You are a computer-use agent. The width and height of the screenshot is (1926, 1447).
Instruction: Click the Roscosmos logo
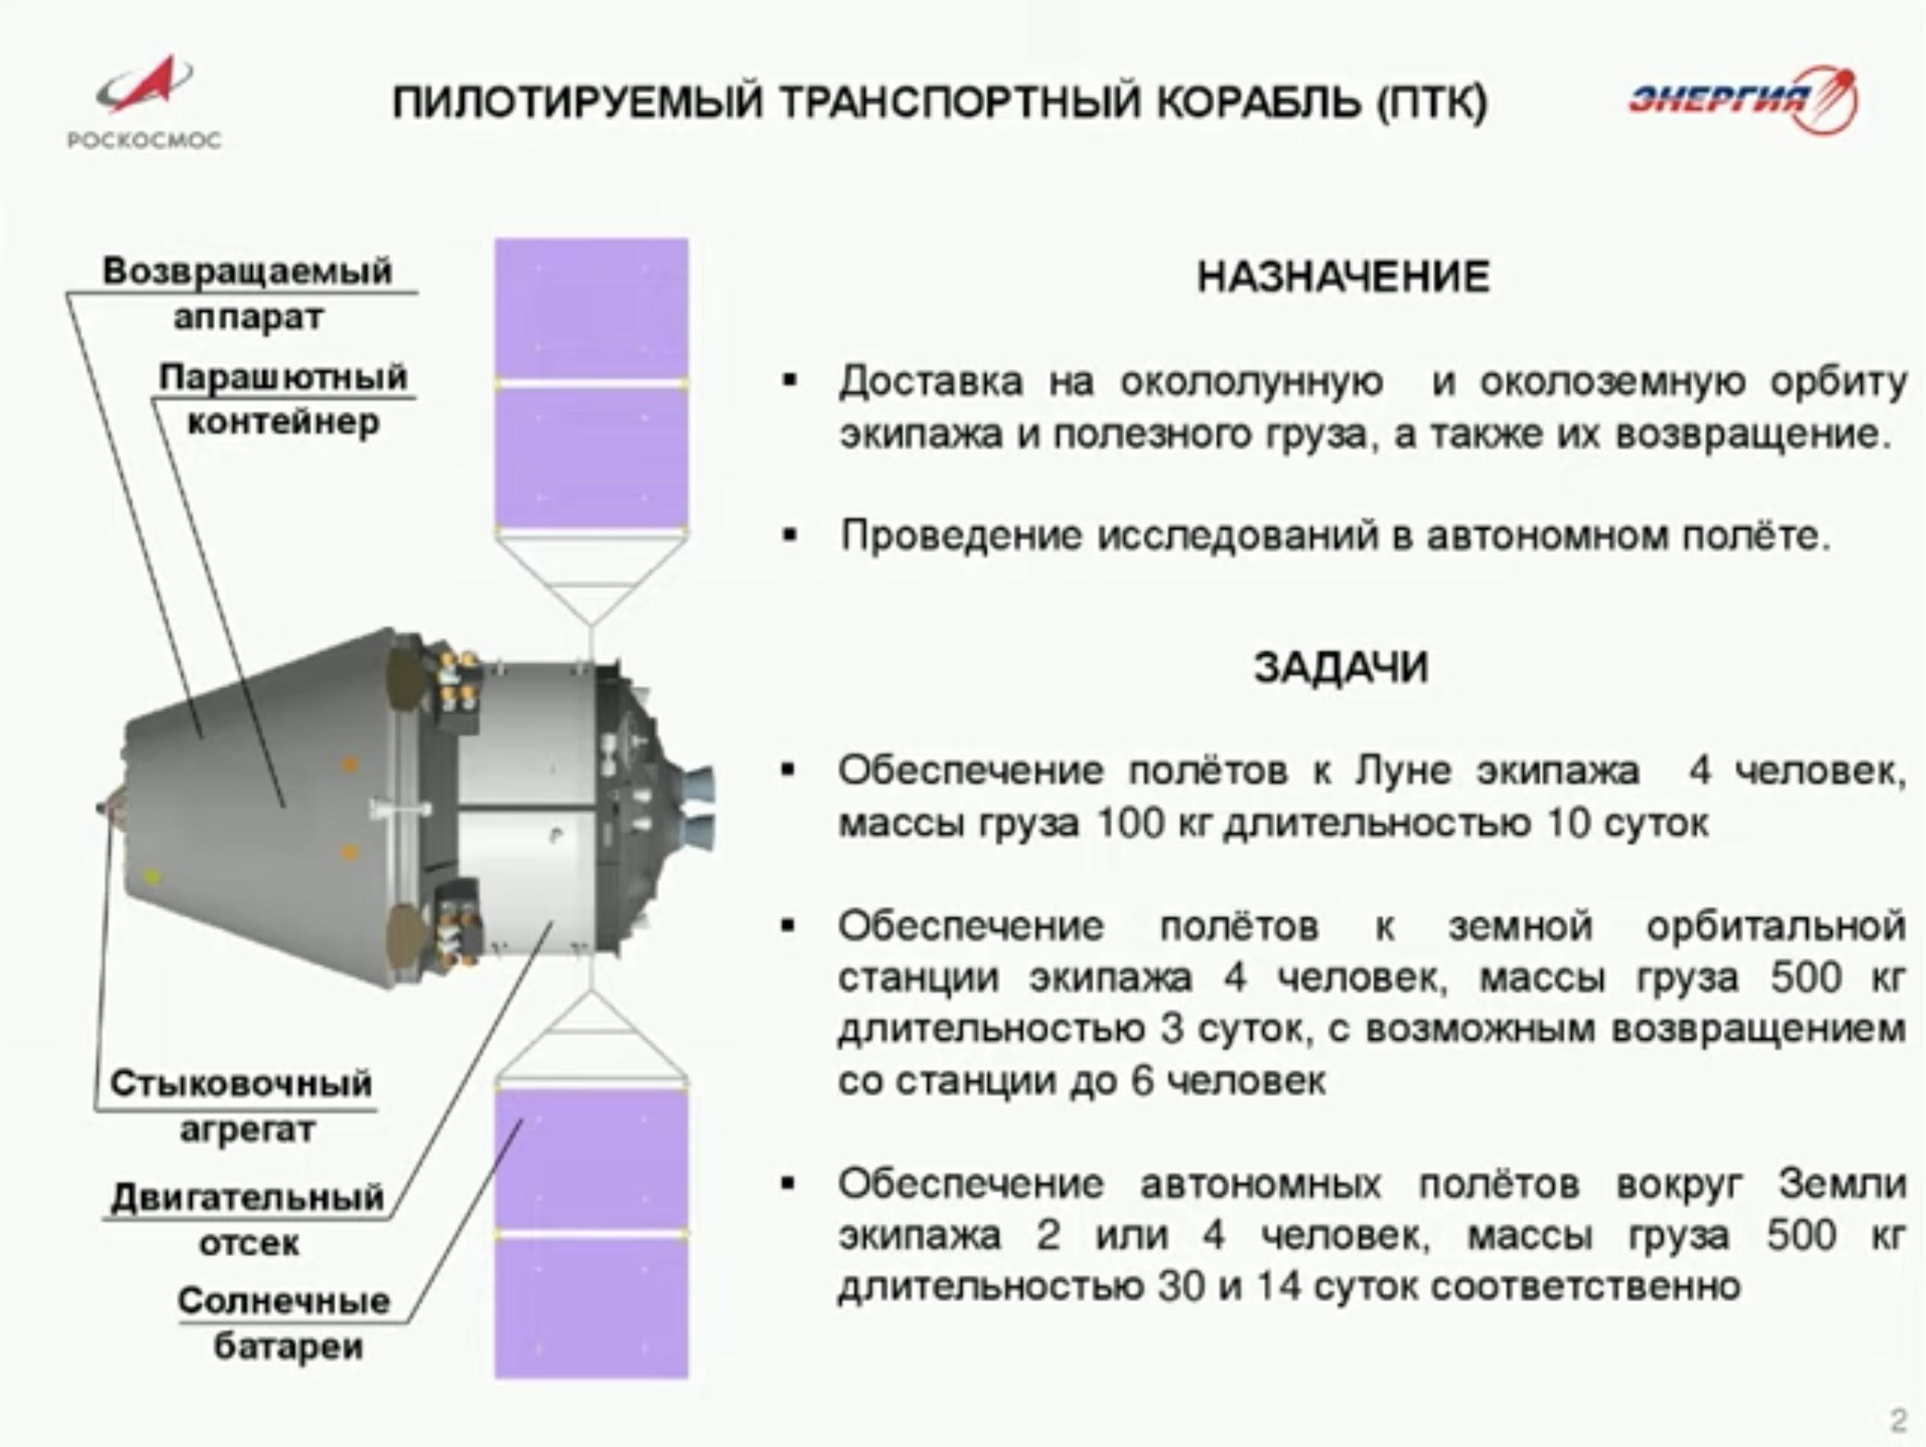145,102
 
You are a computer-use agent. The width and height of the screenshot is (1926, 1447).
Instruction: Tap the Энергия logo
1744,99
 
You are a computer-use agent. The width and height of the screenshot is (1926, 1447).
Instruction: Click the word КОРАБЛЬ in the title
1257,103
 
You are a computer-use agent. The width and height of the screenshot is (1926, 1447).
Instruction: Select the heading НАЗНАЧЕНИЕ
1344,278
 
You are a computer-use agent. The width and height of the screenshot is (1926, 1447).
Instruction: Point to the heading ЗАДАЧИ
1342,668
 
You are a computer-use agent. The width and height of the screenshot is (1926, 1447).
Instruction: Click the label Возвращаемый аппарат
248,294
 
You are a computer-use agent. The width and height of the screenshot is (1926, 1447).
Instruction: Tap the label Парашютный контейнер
283,399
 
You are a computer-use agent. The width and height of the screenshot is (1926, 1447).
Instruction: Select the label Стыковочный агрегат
242,1107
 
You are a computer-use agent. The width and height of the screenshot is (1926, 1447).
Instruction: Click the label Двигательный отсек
248,1220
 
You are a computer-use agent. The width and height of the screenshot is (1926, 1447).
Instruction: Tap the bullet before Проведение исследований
790,536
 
